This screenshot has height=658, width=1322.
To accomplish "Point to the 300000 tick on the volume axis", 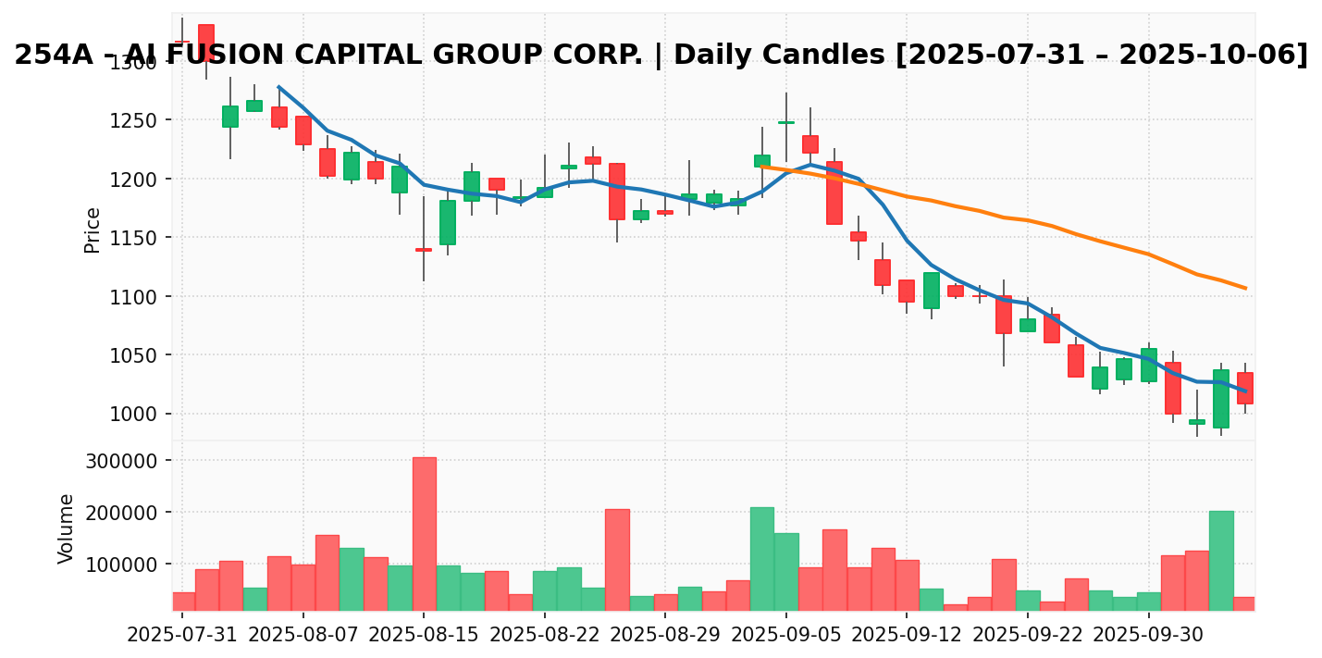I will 129,461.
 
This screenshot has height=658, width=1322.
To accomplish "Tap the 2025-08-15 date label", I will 424,636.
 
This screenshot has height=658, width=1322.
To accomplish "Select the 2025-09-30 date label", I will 1148,636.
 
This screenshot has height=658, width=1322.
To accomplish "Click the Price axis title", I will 93,230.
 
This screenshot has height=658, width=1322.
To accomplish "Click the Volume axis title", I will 67,528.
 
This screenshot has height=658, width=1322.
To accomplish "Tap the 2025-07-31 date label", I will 182,636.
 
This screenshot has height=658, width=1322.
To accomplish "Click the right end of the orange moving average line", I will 1245,288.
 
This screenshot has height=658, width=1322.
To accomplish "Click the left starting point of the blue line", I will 278,87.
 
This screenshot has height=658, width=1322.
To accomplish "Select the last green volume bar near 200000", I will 1221,560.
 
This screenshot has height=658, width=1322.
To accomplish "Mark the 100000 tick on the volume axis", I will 129,565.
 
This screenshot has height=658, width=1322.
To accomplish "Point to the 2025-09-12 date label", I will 907,636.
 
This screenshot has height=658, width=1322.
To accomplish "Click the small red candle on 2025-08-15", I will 424,250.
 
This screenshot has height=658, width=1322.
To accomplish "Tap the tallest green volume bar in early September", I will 762,558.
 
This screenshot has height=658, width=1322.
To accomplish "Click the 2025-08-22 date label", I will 544,636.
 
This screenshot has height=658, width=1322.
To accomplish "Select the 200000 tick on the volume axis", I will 129,513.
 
